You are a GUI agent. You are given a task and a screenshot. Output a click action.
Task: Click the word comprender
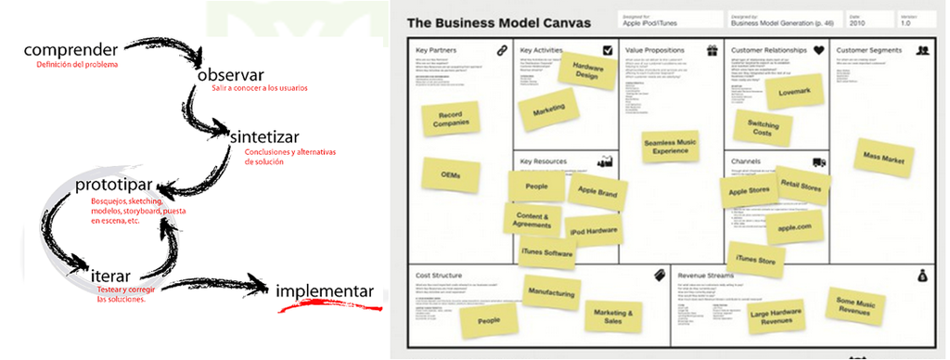[x=71, y=49]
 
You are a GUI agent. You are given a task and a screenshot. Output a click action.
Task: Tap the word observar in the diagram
[x=230, y=74]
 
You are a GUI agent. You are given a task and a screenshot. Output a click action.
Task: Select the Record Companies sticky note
[x=447, y=118]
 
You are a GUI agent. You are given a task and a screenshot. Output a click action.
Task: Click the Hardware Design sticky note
[x=586, y=72]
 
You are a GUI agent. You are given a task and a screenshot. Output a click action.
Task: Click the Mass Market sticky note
[x=883, y=158]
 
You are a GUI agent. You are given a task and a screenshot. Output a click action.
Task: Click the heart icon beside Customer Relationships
[x=818, y=50]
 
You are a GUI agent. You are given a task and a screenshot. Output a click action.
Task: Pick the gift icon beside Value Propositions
[x=712, y=50]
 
